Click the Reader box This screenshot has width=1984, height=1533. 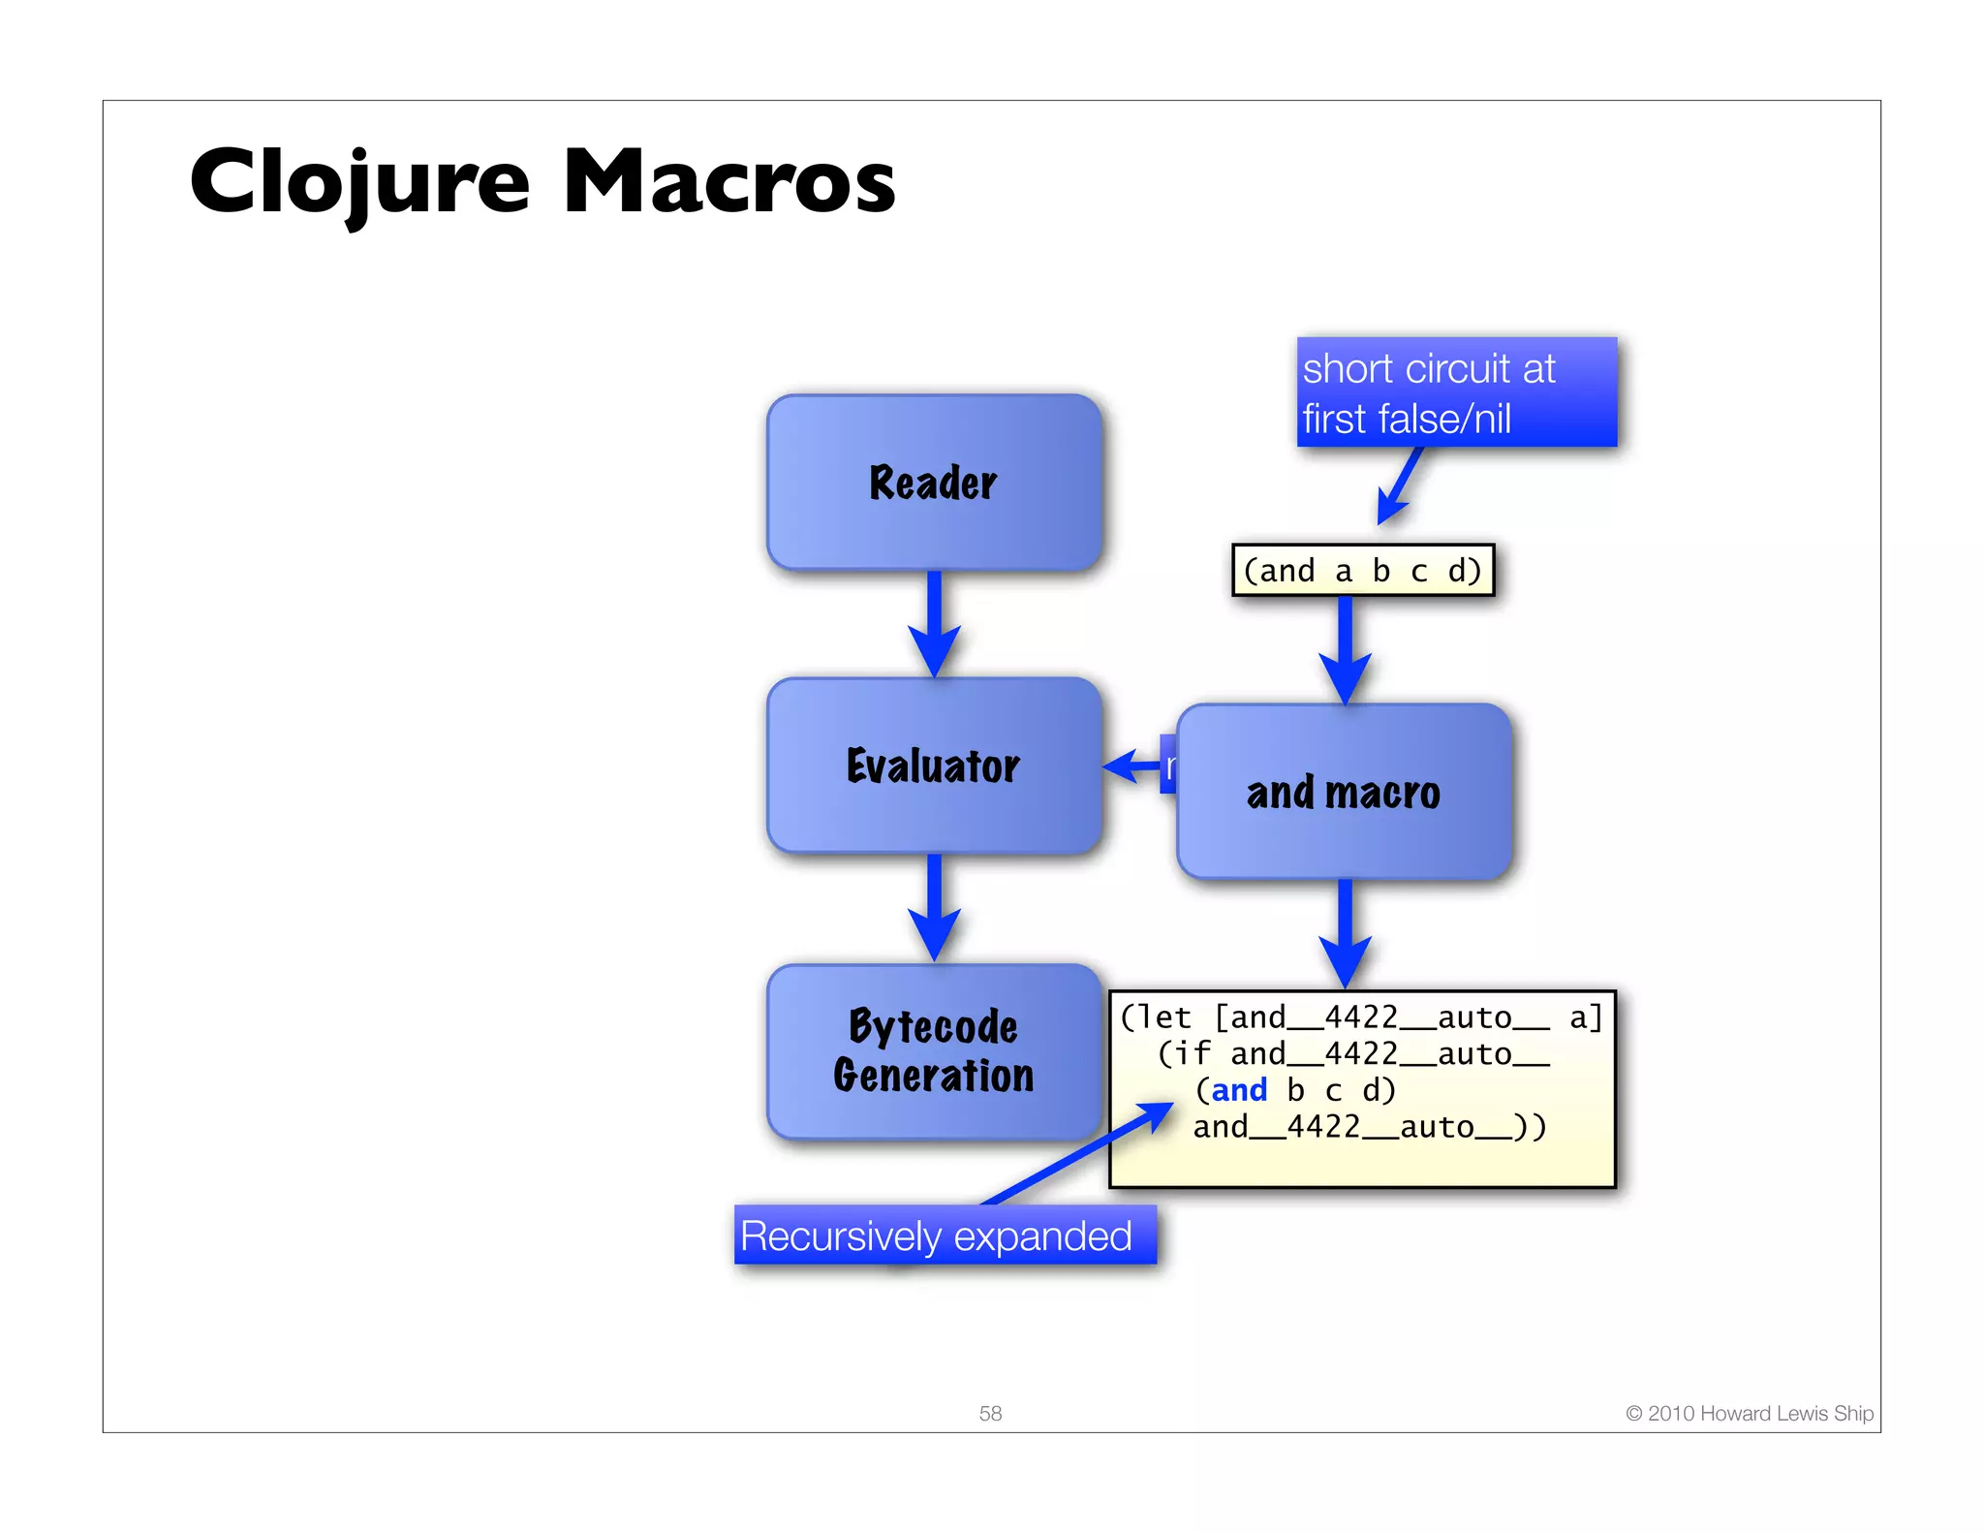pos(934,482)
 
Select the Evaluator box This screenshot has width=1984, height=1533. pos(934,766)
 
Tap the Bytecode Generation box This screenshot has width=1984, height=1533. pos(934,1051)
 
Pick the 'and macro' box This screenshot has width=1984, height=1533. pos(1344,792)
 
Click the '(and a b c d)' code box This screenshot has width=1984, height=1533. pos(1362,570)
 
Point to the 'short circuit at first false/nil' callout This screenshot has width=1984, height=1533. pos(1456,392)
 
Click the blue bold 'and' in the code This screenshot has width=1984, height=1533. pos(1239,1090)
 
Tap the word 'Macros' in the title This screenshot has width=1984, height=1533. pos(728,181)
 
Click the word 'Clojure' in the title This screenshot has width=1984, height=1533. pos(359,181)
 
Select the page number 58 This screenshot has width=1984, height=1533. pos(990,1413)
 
